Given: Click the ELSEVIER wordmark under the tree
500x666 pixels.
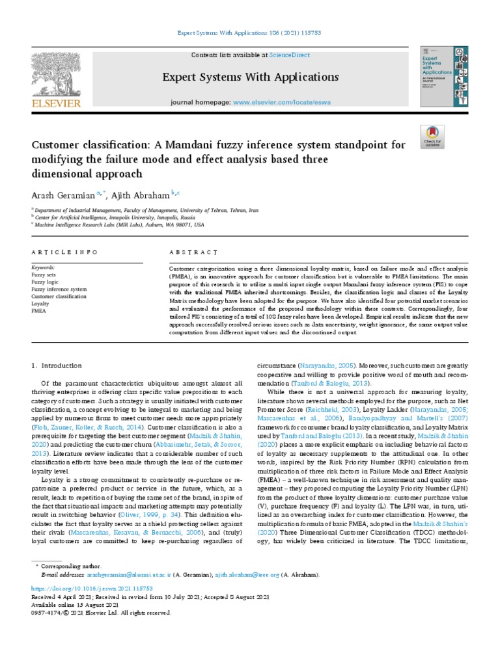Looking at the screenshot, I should pyautogui.click(x=56, y=103).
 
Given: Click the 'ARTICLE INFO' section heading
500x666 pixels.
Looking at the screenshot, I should pyautogui.click(x=64, y=252).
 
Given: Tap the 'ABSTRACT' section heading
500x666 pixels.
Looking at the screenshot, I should pyautogui.click(x=193, y=252).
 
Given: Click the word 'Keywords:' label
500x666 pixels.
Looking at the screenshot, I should pyautogui.click(x=44, y=267).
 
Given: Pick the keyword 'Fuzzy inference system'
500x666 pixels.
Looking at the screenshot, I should pyautogui.click(x=59, y=289).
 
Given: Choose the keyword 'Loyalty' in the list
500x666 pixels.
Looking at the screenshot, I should pyautogui.click(x=40, y=303).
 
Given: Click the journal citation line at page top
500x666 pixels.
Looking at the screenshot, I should pyautogui.click(x=250, y=33).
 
